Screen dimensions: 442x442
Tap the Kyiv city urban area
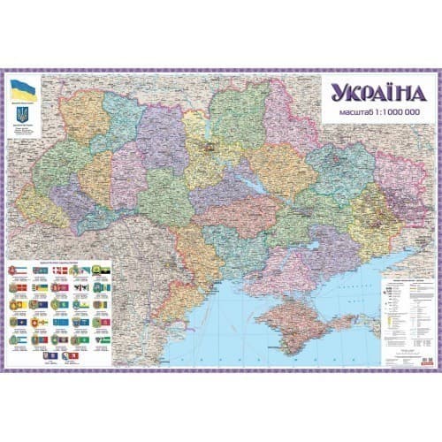coord(210,146)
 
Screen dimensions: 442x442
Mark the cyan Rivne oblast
coord(119,110)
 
